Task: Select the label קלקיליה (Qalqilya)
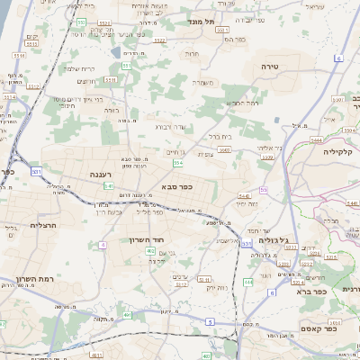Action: click(343, 151)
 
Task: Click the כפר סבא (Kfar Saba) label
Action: click(177, 186)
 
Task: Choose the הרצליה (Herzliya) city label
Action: click(43, 225)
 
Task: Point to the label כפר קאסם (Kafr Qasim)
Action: click(318, 328)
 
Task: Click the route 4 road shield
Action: click(103, 244)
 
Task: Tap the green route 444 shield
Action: click(247, 282)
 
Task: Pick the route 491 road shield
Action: click(127, 315)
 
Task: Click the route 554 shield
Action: click(178, 163)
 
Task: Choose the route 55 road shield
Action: click(263, 190)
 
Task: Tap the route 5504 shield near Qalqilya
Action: click(315, 140)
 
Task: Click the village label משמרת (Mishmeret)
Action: click(202, 83)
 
